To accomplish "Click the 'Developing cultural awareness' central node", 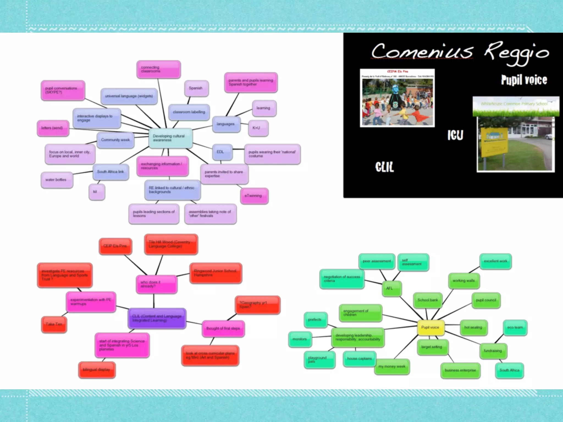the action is [170, 138].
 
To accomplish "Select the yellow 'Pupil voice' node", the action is [430, 327].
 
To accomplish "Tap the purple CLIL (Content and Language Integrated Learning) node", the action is [157, 318].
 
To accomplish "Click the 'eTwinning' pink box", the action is [254, 196].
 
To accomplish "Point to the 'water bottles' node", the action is [57, 180].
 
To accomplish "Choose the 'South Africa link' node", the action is [111, 172].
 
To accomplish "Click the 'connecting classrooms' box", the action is [159, 69].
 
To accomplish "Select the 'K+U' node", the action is [258, 128].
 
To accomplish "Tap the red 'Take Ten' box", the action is [54, 324].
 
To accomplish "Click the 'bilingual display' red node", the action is [97, 370].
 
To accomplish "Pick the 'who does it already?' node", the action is [156, 284].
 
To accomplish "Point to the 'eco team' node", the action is [515, 327].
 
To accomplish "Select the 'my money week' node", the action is [392, 367].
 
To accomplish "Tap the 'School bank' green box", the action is [428, 300].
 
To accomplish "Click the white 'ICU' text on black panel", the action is [455, 135].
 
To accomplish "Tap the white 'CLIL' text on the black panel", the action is [384, 167].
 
